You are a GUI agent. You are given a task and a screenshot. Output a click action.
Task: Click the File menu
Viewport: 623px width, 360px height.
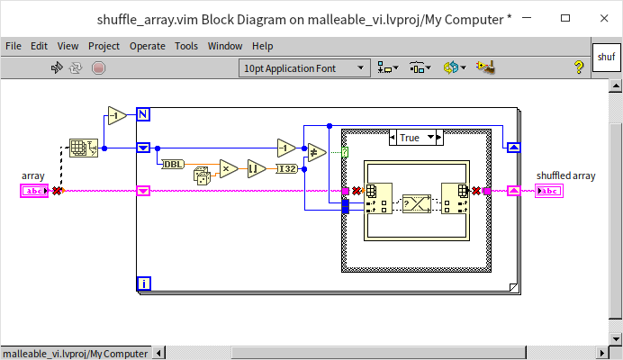click(x=14, y=46)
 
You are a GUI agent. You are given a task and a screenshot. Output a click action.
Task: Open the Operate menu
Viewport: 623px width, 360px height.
click(x=147, y=46)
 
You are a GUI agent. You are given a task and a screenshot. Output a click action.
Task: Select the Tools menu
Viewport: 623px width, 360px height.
click(x=186, y=46)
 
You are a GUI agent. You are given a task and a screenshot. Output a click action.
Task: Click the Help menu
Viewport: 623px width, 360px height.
click(x=263, y=46)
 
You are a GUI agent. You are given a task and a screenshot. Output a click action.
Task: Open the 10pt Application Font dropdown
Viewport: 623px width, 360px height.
click(x=304, y=67)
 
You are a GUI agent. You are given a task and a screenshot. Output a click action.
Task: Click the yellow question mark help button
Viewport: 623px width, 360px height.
click(x=579, y=67)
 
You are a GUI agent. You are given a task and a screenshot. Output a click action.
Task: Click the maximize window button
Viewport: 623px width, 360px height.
click(x=564, y=18)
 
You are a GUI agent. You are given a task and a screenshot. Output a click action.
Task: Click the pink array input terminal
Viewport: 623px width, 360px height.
click(x=33, y=191)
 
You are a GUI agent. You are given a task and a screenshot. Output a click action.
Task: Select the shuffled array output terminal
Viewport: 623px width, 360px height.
click(x=548, y=191)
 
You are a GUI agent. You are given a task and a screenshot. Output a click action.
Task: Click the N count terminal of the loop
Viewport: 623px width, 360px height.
click(x=142, y=113)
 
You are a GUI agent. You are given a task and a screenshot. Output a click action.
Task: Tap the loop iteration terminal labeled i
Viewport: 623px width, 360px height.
click(x=142, y=284)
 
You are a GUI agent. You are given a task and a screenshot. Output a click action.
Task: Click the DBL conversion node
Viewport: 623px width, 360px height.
click(x=171, y=164)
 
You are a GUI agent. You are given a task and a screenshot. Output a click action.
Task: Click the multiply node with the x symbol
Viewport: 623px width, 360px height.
click(x=228, y=167)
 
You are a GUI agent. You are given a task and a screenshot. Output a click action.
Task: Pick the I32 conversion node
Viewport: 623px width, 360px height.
click(x=286, y=167)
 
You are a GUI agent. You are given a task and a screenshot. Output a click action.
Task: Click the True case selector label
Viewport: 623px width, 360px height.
click(x=410, y=137)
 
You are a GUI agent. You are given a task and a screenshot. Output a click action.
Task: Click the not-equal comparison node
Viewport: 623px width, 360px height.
click(x=317, y=153)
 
